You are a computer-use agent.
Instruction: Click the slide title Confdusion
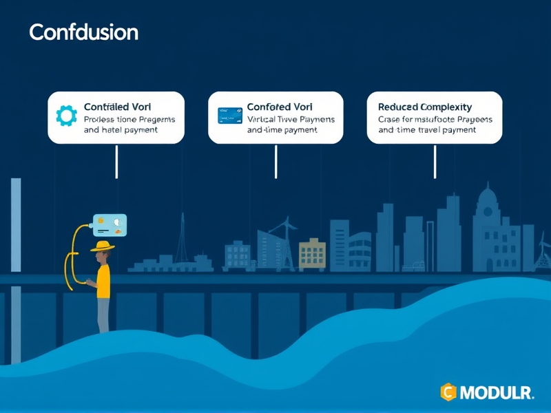(x=83, y=32)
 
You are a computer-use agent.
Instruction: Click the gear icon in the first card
(x=67, y=115)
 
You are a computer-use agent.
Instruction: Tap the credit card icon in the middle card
(x=230, y=115)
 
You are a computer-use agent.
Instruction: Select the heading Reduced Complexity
(x=425, y=107)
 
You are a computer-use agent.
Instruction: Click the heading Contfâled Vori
(x=118, y=107)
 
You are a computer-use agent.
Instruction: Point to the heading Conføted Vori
(x=280, y=107)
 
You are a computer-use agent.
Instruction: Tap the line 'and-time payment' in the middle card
(x=282, y=129)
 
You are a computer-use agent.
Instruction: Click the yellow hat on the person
(x=104, y=246)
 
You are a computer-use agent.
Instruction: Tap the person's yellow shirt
(x=103, y=281)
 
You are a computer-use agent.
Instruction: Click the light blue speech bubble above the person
(x=110, y=225)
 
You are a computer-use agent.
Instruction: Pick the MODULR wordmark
(x=497, y=393)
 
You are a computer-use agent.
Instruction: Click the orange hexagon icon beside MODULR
(x=448, y=393)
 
